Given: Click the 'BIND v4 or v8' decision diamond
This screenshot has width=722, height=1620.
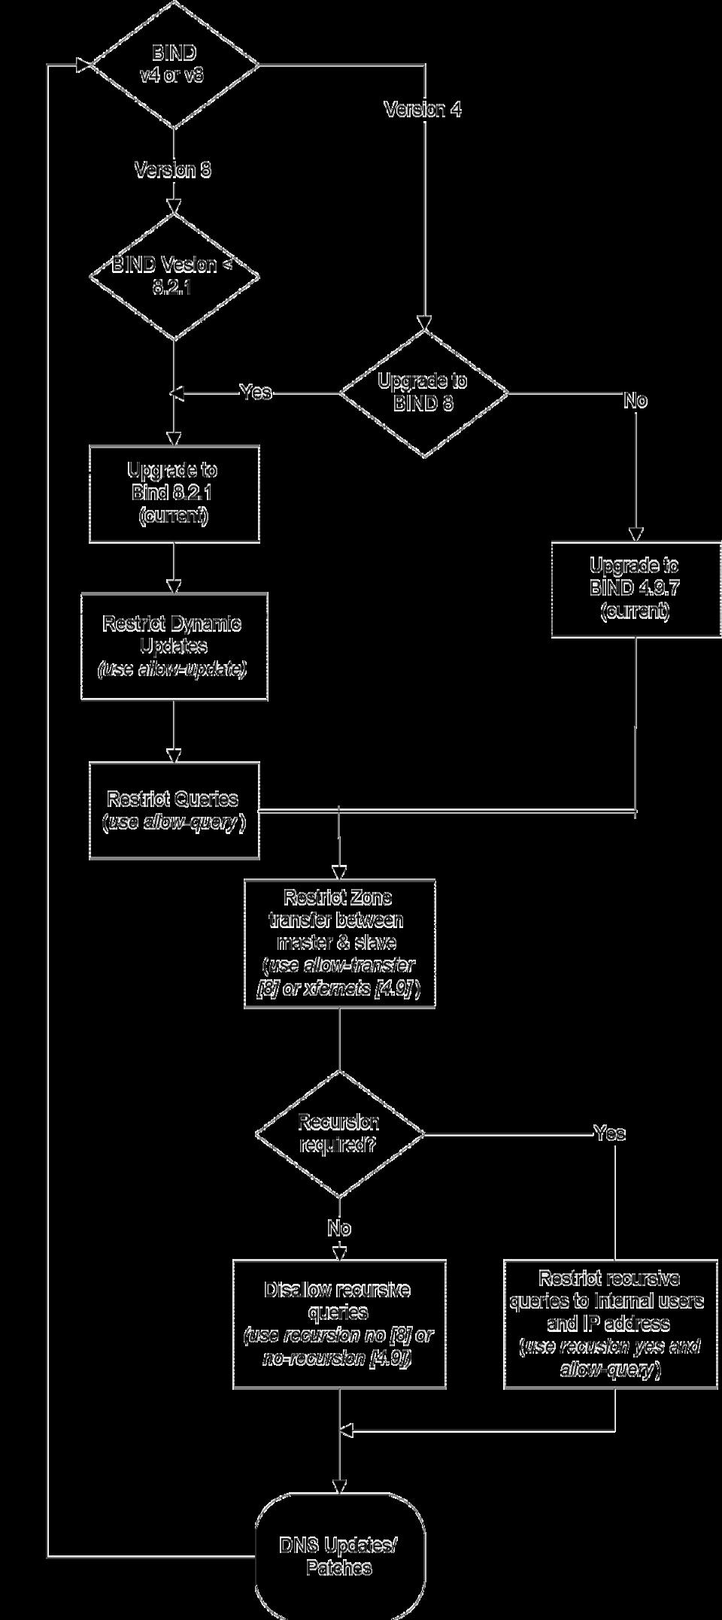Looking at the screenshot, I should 174,65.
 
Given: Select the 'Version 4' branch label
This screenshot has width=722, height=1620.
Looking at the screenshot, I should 423,110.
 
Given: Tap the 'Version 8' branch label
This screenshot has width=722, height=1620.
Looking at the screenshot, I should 173,170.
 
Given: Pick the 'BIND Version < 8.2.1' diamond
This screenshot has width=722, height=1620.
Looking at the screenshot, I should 174,276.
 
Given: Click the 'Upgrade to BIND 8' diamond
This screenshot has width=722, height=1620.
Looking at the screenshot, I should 423,393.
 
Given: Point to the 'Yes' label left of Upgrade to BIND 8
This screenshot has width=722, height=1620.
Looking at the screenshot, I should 256,392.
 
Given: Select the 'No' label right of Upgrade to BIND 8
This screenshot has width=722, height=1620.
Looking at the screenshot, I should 636,401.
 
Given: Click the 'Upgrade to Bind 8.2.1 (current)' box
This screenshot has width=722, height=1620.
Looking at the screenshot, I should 174,493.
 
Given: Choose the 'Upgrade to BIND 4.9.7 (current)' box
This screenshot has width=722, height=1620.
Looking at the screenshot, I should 636,589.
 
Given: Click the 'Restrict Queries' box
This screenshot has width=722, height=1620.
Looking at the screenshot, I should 174,810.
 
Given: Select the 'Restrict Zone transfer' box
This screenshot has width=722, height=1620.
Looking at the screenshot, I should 339,943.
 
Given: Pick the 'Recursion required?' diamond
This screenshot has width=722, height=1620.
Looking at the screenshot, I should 339,1133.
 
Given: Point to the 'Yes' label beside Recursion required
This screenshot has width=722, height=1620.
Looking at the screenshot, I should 609,1133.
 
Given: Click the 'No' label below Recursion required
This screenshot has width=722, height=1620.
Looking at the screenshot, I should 339,1228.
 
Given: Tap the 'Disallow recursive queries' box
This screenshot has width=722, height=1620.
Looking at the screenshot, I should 339,1324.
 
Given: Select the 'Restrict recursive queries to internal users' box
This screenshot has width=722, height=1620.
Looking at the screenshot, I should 611,1324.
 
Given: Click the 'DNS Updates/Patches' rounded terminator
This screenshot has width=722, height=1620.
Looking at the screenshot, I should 339,1556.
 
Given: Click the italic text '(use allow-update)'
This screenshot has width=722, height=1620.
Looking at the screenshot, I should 173,669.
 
